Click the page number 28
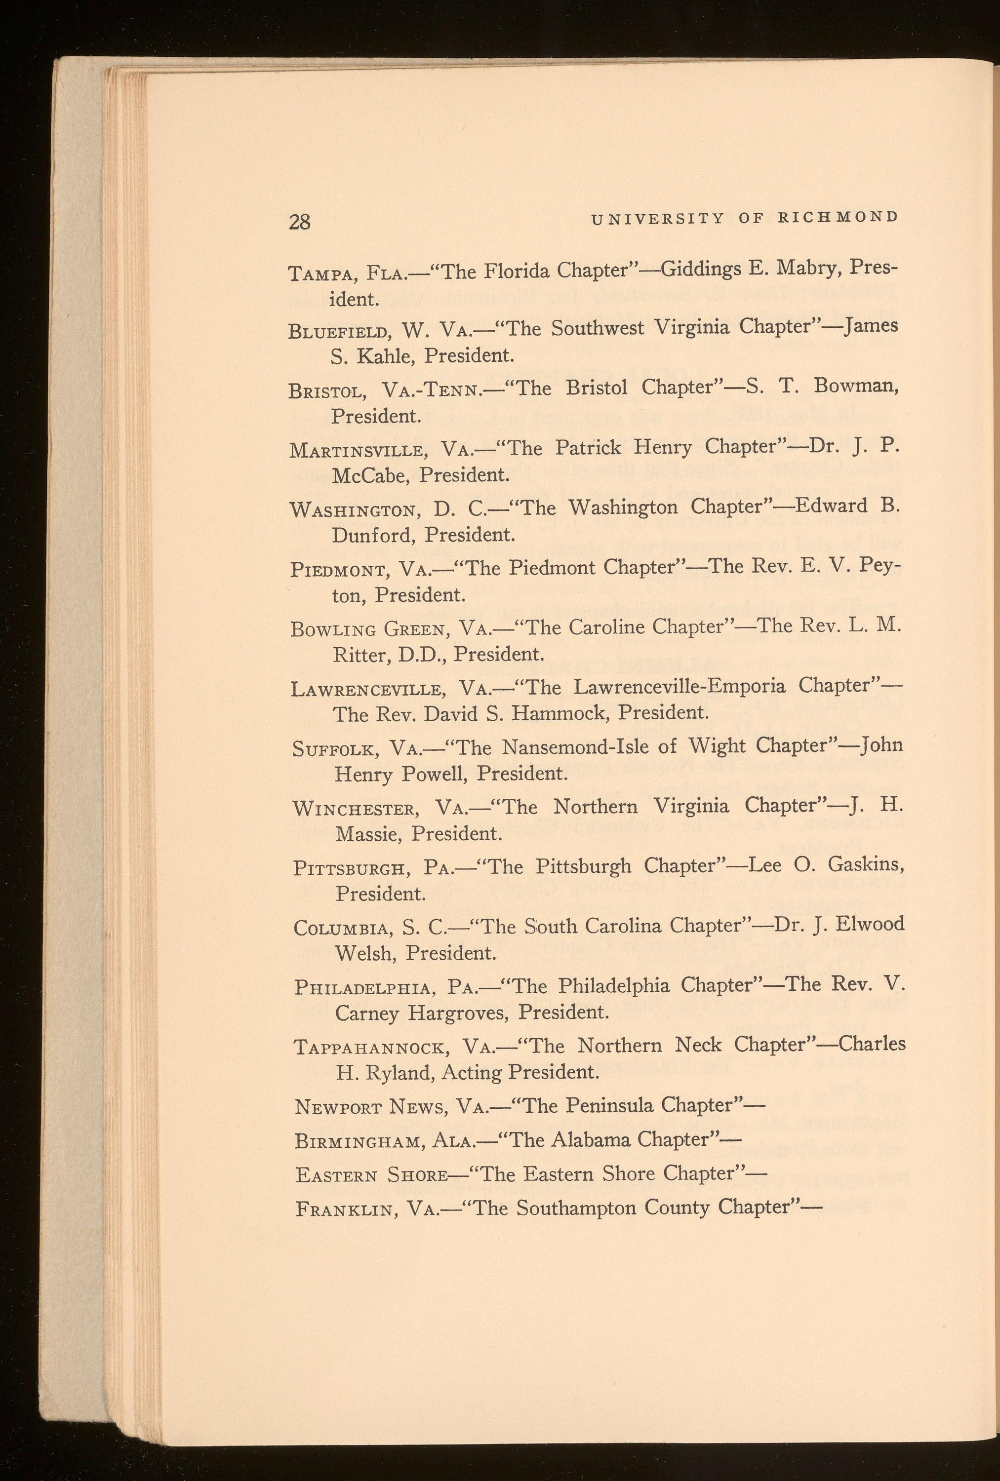300,222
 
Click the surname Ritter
357,654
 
